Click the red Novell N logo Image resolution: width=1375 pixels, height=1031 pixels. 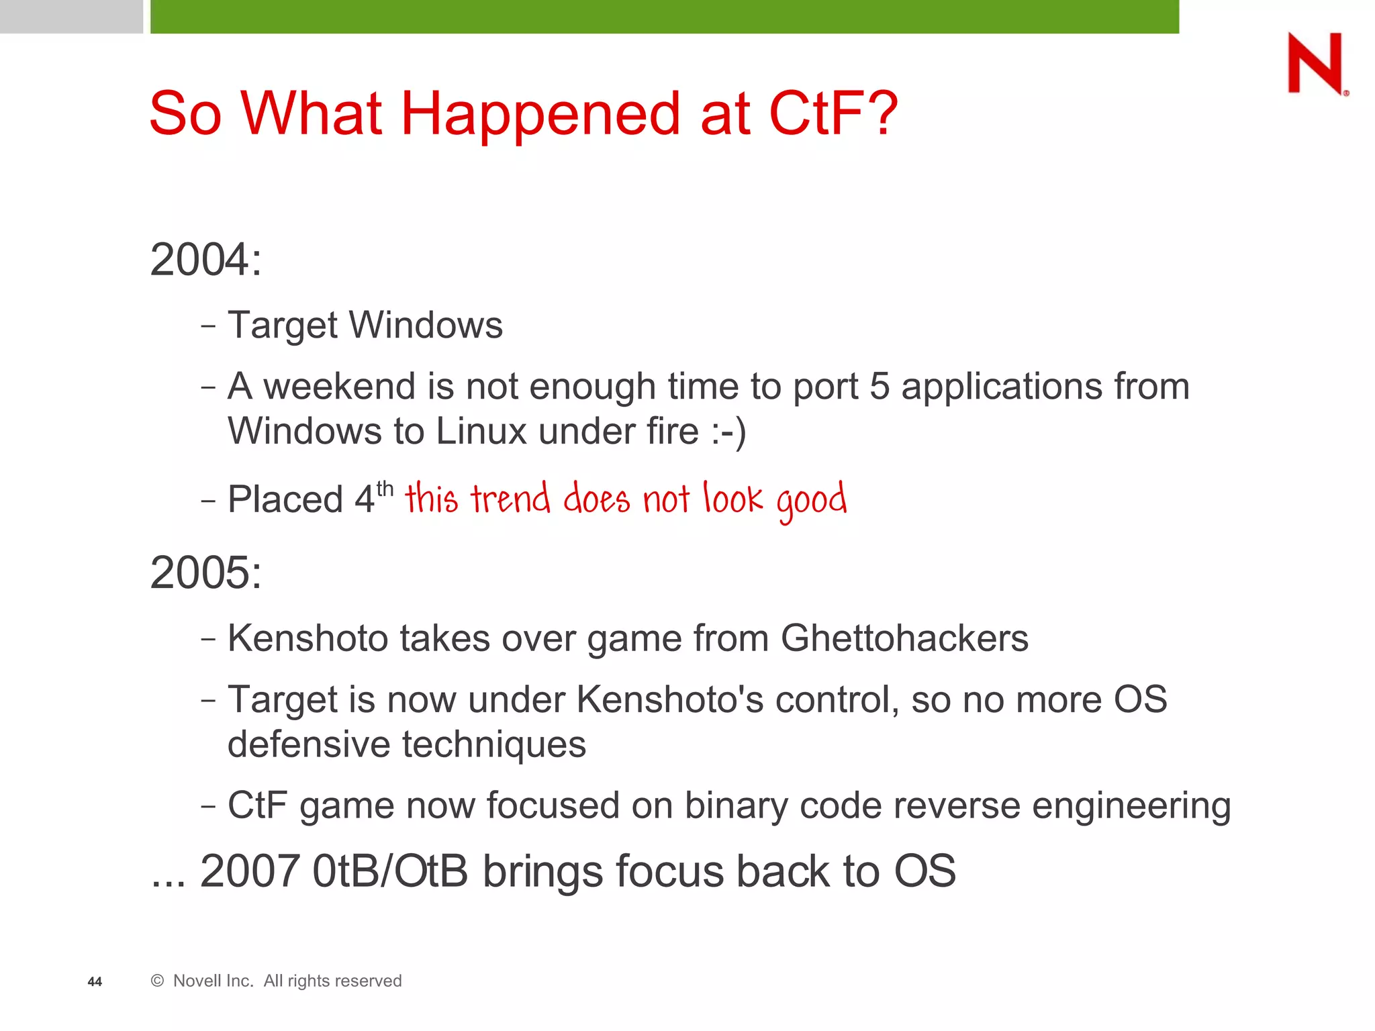[x=1315, y=63]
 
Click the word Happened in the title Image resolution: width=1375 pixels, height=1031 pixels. [x=541, y=114]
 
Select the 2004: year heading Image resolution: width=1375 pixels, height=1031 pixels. [x=205, y=260]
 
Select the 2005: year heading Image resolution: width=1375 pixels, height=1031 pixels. [x=205, y=573]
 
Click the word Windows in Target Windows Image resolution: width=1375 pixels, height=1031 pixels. [x=426, y=326]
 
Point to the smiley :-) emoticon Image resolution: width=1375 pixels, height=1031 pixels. [x=728, y=432]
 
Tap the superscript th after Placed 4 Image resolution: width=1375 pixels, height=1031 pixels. [x=385, y=489]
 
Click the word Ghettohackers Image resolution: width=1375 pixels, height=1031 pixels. [x=904, y=638]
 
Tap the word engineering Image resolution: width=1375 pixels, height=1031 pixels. [x=1131, y=806]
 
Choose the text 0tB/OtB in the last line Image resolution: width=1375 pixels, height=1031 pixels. [x=390, y=871]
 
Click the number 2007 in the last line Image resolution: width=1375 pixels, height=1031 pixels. [x=250, y=871]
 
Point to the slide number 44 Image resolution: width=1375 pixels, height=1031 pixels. [x=95, y=982]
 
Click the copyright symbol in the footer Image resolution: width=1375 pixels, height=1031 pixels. [x=158, y=981]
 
